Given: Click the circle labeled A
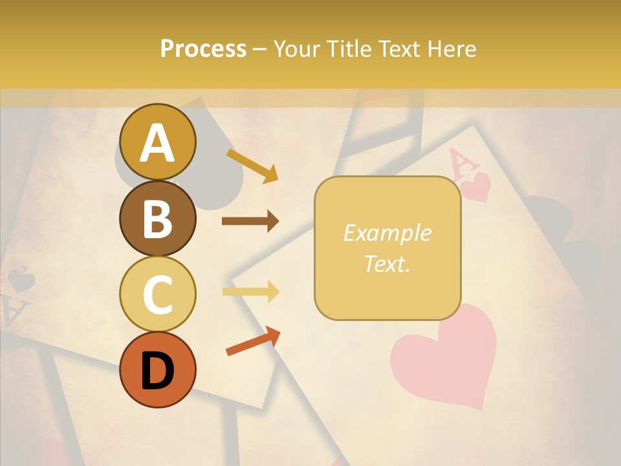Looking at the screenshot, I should click(x=158, y=142).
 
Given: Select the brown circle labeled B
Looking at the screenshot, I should click(x=158, y=218).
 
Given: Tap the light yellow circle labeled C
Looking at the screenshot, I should click(x=158, y=294).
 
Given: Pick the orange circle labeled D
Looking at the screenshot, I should click(x=158, y=370).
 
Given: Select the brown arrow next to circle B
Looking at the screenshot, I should click(x=250, y=221).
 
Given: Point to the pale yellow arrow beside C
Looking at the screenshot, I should click(x=250, y=292).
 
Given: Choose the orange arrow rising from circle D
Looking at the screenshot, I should click(x=253, y=341).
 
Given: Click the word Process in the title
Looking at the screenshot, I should click(x=203, y=49).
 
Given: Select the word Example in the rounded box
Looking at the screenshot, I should click(x=387, y=233).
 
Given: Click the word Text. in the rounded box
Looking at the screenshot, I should click(x=387, y=263).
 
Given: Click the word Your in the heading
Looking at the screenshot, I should click(x=294, y=49).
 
